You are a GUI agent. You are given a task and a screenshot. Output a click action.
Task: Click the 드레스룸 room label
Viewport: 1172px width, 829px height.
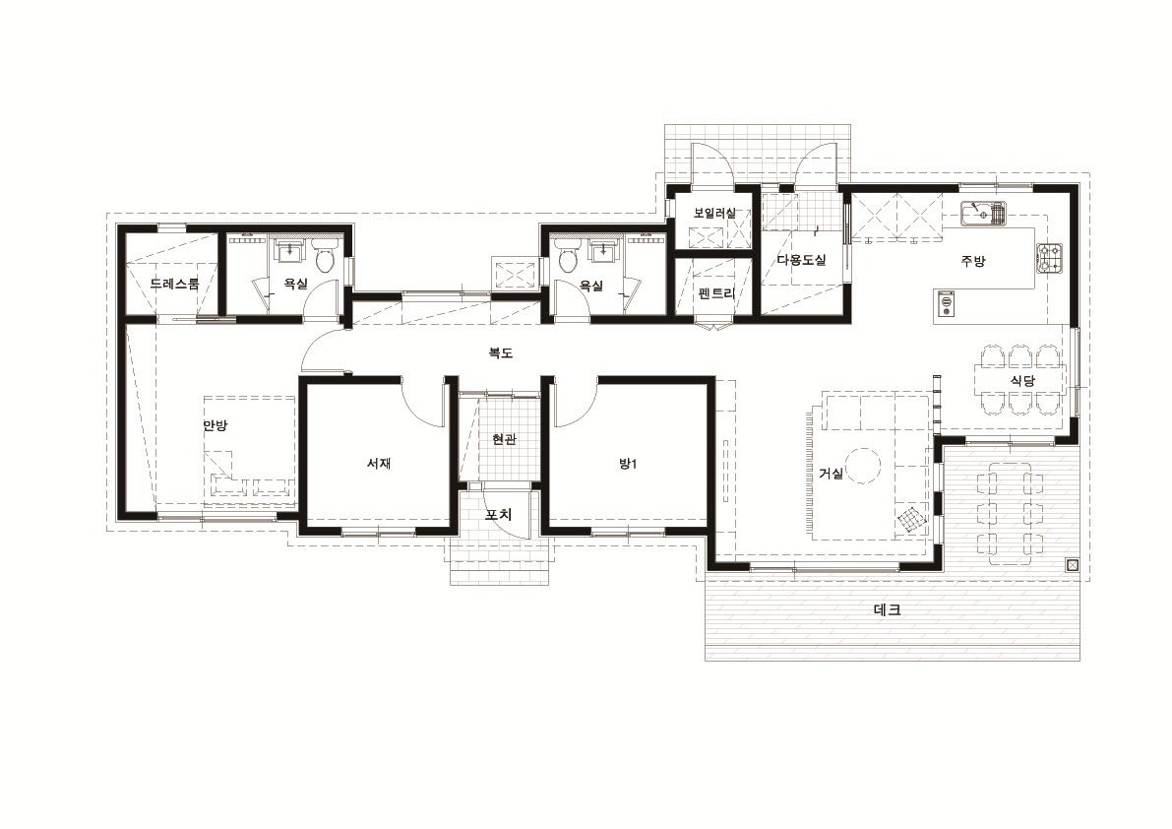pos(175,285)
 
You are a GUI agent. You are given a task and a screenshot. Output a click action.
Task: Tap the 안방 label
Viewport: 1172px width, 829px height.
pos(216,426)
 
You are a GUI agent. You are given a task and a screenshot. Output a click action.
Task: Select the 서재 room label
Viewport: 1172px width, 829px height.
pos(379,464)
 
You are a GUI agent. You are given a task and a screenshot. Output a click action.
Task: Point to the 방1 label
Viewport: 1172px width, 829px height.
pos(627,464)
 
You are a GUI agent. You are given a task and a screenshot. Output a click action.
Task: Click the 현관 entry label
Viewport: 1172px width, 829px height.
pos(505,439)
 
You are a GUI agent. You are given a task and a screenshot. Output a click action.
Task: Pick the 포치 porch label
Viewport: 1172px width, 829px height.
pos(499,515)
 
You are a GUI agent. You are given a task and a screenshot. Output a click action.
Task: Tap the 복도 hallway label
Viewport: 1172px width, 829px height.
pos(501,352)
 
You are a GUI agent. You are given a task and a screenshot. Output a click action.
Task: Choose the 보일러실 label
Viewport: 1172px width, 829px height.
pos(714,213)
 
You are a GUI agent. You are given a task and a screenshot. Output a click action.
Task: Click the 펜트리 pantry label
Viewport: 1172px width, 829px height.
pos(716,293)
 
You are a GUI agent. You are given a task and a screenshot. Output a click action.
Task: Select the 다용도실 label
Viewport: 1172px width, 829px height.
pos(801,260)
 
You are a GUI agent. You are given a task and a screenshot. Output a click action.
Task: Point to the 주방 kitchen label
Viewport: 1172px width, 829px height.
pos(973,261)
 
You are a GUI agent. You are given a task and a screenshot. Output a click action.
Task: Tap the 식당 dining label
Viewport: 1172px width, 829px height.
pos(1023,380)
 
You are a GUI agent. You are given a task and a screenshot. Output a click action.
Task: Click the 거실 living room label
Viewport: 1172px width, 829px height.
pos(832,474)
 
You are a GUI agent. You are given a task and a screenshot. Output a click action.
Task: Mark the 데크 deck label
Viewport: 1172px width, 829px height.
pos(888,610)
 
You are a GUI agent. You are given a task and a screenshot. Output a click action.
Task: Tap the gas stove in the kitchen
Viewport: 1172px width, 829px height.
pos(1049,258)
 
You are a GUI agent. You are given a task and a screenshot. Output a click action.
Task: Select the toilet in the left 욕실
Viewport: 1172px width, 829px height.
pos(325,258)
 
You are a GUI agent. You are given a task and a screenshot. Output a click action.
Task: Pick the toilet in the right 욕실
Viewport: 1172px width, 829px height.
pos(568,258)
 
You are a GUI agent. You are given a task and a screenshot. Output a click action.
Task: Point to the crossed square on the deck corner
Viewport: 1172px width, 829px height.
pos(1073,565)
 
